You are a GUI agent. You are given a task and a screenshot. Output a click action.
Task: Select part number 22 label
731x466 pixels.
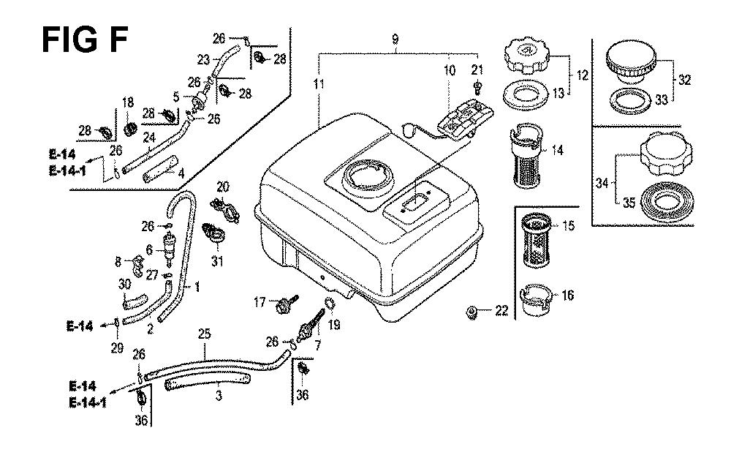[501, 312]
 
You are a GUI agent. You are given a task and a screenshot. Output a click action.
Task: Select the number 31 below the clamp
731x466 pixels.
[217, 261]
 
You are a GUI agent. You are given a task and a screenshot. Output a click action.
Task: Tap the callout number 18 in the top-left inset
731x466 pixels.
[128, 102]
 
